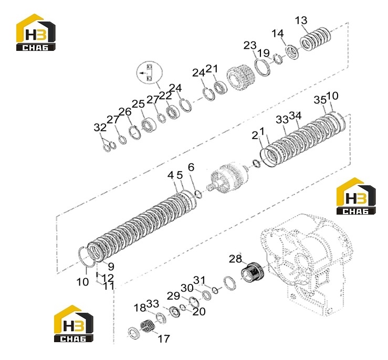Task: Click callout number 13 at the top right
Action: coord(301,20)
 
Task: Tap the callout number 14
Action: coord(278,34)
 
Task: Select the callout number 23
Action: coord(250,46)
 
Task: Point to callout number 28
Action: coord(235,259)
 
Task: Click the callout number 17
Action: coord(164,338)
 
